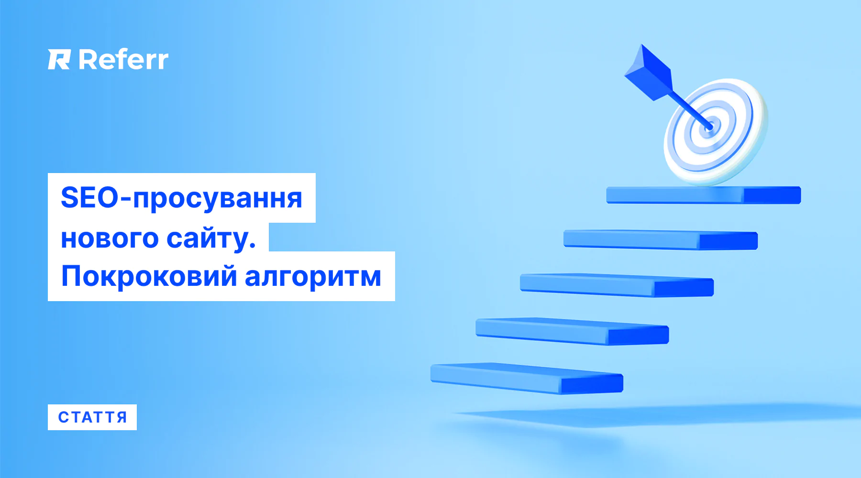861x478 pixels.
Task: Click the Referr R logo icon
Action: (59, 59)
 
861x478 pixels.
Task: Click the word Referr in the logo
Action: (123, 59)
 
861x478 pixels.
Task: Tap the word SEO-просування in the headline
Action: (182, 198)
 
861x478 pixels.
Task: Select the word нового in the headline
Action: (110, 238)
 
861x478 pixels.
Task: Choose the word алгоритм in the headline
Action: (313, 277)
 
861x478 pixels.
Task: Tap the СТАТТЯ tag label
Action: (92, 417)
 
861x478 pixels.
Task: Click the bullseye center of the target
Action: (709, 127)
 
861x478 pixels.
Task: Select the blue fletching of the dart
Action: (648, 72)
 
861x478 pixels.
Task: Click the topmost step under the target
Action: (704, 195)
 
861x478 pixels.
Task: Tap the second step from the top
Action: (661, 239)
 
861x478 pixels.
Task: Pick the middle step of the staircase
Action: (617, 285)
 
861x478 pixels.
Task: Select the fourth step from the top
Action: (572, 331)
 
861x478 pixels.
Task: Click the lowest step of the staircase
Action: (527, 379)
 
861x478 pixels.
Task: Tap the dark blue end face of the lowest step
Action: (592, 384)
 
